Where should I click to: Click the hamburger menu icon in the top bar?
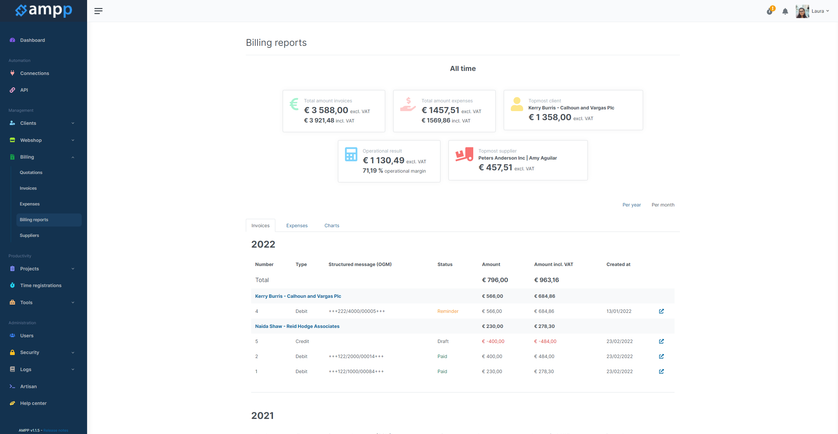pos(98,11)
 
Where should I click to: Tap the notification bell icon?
pos(785,11)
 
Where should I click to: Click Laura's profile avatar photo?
pos(802,11)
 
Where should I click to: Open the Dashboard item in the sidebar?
pos(32,40)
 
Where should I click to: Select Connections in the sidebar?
pos(34,73)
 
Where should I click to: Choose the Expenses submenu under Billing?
pos(29,204)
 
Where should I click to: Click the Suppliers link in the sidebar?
pos(29,235)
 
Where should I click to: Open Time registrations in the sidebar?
pos(41,285)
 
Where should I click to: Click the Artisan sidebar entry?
pos(28,386)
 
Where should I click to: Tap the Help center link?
pos(33,403)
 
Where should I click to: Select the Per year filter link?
pos(632,205)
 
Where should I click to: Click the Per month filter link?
pos(663,205)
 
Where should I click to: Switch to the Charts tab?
pos(332,226)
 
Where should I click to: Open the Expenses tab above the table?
pos(297,226)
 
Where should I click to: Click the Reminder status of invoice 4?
pos(448,311)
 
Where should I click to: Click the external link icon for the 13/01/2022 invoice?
pos(661,311)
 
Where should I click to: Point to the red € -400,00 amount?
pos(493,341)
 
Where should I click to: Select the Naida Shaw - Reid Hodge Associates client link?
pos(297,326)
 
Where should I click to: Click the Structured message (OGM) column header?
pos(360,264)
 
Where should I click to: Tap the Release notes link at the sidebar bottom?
pos(56,430)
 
